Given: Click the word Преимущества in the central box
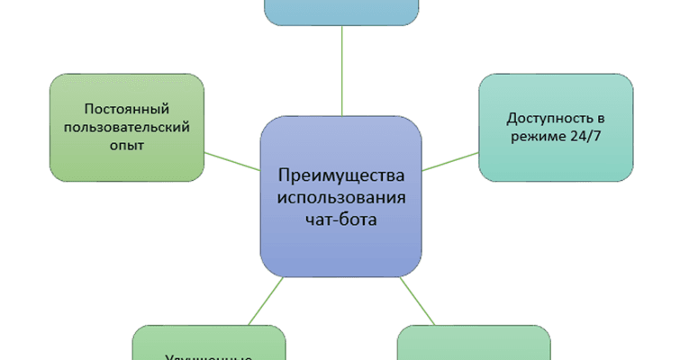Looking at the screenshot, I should (342, 175).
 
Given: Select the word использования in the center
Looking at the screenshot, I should (342, 197).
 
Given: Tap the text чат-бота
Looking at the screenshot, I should (342, 220).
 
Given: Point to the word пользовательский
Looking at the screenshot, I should (126, 127).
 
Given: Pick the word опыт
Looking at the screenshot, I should (126, 147).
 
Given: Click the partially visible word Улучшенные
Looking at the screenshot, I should (209, 356).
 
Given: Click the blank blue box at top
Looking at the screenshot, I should (342, 11).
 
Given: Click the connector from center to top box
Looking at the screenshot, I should (342, 72).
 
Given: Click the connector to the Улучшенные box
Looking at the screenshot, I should (267, 301).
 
